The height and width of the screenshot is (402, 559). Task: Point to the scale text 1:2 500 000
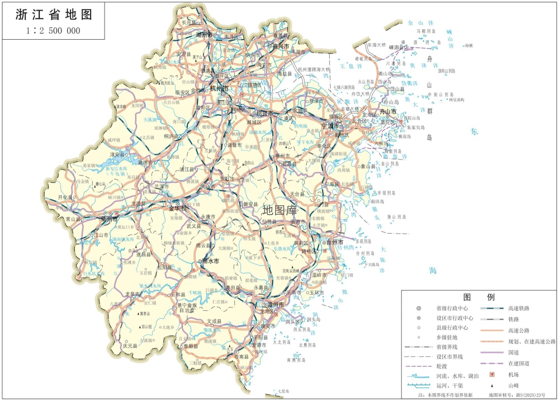[x=53, y=31]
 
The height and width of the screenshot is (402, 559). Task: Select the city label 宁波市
[x=330, y=126]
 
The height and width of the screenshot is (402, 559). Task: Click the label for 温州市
[x=273, y=305]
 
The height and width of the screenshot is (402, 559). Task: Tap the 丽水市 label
[x=210, y=261]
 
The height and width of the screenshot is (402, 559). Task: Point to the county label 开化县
[x=66, y=198]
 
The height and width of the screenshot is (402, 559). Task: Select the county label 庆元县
[x=130, y=346]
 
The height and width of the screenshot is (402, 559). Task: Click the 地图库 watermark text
[x=279, y=211]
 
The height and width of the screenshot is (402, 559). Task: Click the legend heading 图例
[x=479, y=297]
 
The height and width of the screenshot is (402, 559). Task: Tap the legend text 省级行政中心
[x=452, y=308]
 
